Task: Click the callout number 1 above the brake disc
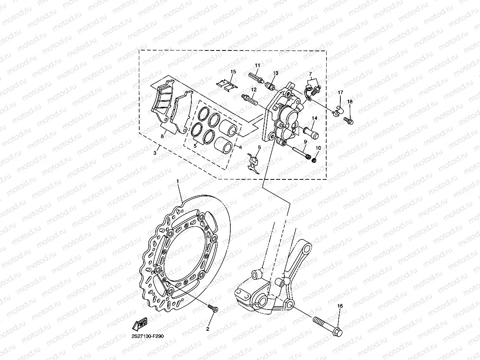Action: [x=178, y=181]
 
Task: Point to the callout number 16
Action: [x=340, y=306]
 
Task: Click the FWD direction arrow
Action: [x=140, y=324]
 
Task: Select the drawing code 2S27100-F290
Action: [x=148, y=336]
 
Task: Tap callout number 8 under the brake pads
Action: [x=162, y=136]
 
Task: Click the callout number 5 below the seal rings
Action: [x=194, y=145]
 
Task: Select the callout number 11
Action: [x=257, y=65]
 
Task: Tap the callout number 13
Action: [x=275, y=73]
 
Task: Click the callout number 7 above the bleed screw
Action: [x=310, y=74]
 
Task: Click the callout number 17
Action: [x=340, y=92]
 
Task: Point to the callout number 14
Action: [x=315, y=118]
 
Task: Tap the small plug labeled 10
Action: [x=315, y=160]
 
